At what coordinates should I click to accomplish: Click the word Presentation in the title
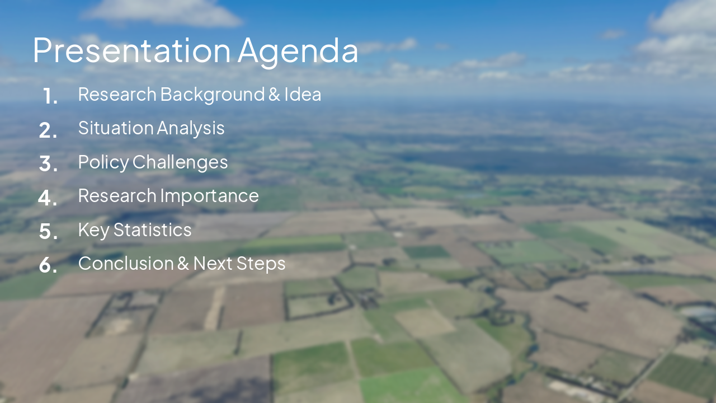[132, 50]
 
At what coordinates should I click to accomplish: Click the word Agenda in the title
[298, 53]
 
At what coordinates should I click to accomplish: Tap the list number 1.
[50, 96]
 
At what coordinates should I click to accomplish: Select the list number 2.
[48, 130]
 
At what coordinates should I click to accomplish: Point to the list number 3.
[48, 164]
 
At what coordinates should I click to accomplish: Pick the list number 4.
[48, 198]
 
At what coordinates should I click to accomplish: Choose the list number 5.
[48, 232]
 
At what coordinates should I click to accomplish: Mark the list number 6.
[48, 265]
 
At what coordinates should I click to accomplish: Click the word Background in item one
[213, 95]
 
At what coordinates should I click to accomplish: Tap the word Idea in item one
[303, 95]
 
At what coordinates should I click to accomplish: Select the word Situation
[116, 128]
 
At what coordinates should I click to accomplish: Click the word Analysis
[191, 129]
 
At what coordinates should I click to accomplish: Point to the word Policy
[103, 162]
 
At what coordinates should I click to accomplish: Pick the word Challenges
[180, 162]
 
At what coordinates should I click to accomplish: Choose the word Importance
[209, 196]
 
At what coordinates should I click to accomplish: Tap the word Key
[94, 230]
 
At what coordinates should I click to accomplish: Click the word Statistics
[153, 229]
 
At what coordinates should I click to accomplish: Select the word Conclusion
[126, 264]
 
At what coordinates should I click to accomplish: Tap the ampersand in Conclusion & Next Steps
[183, 264]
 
